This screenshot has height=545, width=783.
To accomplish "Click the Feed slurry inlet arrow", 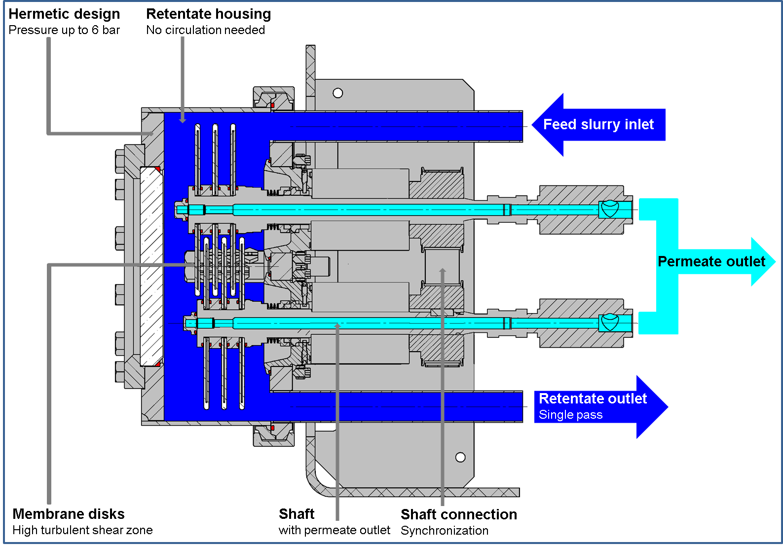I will point(598,125).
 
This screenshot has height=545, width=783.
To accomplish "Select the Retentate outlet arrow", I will point(599,406).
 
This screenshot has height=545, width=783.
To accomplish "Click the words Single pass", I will point(570,415).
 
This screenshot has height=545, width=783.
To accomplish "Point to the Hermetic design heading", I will point(64,14).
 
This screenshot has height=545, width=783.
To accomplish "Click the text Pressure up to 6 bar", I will point(64,30).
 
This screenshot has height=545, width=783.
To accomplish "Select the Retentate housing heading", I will point(208,14).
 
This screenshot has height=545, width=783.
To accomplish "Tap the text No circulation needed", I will point(205,30).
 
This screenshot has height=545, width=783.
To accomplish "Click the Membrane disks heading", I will point(68,514).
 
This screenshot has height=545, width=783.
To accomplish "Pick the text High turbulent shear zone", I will point(82,530).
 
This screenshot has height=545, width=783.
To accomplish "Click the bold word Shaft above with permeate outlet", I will point(296,514).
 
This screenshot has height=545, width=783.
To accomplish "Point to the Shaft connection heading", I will point(458,514).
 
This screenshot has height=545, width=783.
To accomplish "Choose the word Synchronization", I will point(444,531).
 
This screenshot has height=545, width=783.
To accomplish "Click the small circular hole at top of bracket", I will point(338,93).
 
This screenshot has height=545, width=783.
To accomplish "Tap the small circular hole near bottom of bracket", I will point(460,457).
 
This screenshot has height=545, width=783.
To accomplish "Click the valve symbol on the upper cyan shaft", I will point(610,209).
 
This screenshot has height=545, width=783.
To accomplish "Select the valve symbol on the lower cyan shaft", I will point(610,323).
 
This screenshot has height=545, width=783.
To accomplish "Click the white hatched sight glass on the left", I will point(151,266).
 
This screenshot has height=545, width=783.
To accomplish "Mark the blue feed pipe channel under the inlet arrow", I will point(395,126).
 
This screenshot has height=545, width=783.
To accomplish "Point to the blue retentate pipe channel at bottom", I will point(395,407).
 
